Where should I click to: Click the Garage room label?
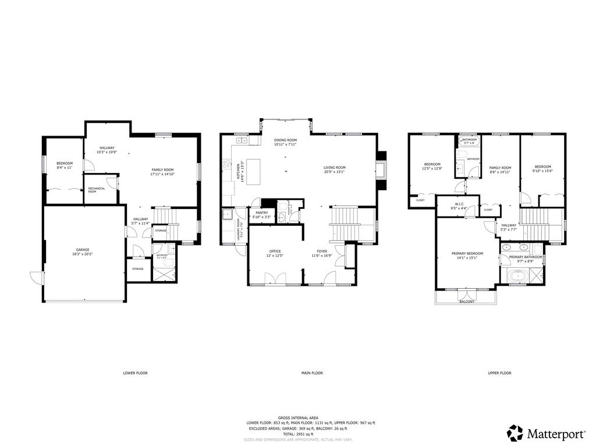82,249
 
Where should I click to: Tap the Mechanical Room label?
96,190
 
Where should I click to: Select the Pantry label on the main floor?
261,213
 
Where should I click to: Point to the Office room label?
274,251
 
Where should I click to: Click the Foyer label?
322,251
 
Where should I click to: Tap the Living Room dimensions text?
335,172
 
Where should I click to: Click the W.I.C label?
459,204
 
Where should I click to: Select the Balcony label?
466,301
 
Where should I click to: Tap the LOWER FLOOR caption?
135,372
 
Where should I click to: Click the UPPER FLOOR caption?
499,372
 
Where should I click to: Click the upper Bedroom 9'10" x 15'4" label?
542,166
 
